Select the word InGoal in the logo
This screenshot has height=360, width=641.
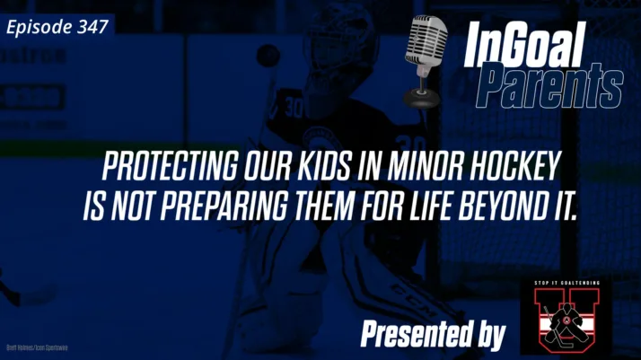526,45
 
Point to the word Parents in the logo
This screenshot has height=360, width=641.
549,88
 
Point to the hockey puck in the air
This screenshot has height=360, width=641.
268,56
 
